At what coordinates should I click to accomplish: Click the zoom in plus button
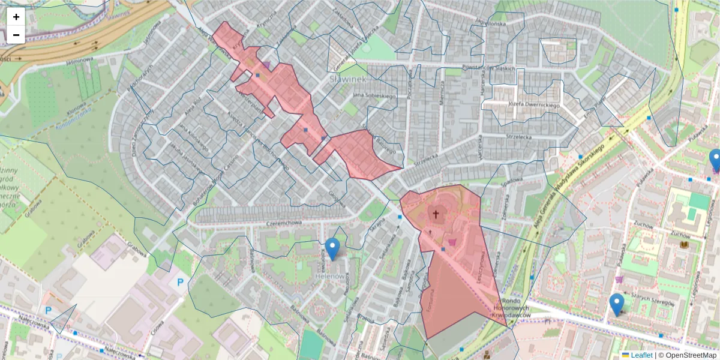(16, 17)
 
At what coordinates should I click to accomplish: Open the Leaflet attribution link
(641, 355)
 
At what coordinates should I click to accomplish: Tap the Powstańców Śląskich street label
(489, 68)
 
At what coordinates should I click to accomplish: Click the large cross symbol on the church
(436, 213)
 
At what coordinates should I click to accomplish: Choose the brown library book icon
(684, 245)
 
